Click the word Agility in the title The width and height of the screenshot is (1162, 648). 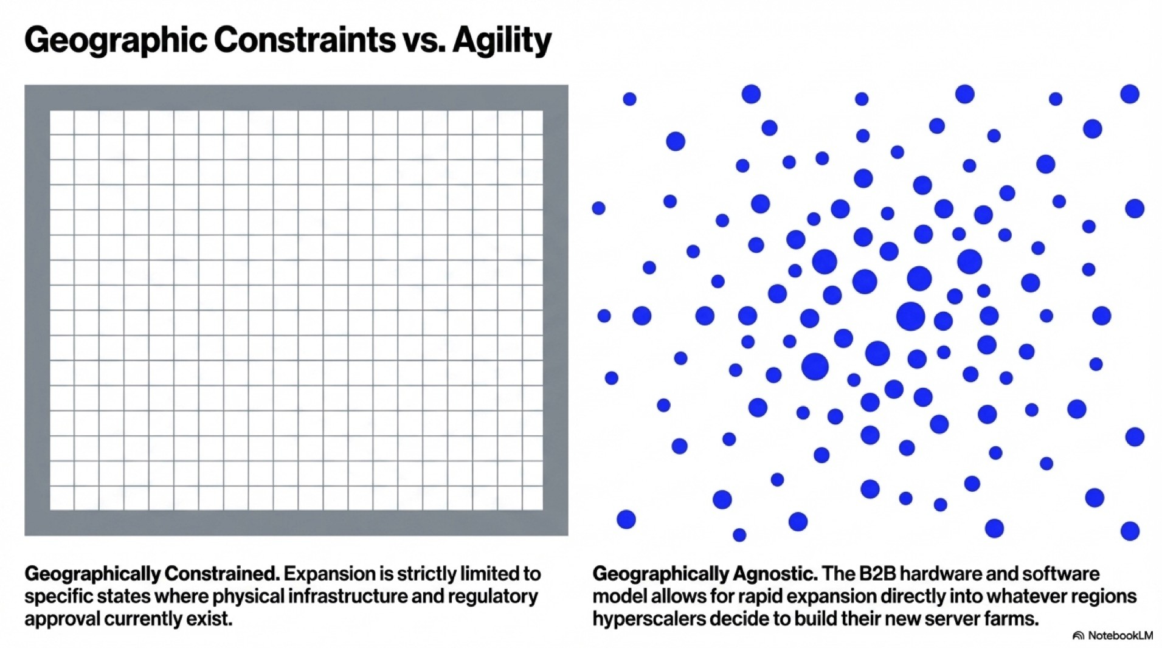502,41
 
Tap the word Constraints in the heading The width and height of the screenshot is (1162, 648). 304,41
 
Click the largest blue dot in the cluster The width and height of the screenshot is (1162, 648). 910,316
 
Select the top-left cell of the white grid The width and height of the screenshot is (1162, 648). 61,122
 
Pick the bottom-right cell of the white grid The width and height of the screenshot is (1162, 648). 531,498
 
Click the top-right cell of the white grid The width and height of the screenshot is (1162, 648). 531,122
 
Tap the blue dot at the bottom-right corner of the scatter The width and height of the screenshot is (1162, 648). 1129,531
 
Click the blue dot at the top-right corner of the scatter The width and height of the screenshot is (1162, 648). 1129,94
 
